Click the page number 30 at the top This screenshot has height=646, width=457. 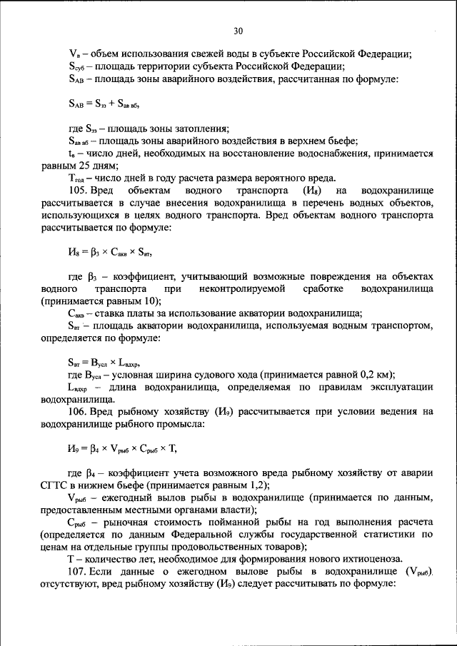[238, 30]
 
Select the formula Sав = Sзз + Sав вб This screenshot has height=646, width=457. [108, 104]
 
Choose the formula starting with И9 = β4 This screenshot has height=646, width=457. [121, 448]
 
